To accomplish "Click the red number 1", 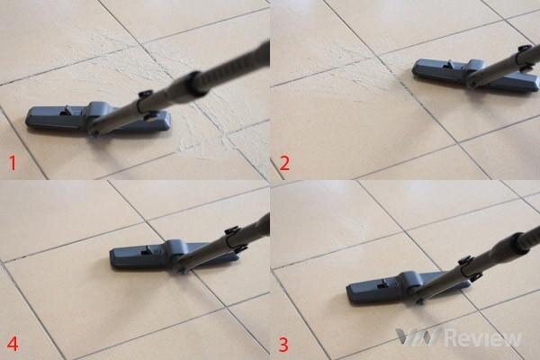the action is pos(12,163).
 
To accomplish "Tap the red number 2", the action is pos(284,163).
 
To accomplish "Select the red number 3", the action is pos(283,345).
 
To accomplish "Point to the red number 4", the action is pos(13,344).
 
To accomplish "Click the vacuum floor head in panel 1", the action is pos(97,119).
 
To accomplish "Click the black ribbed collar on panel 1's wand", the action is pos(197,83).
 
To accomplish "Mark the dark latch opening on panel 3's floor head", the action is pos(382,283).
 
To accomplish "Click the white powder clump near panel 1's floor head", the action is pos(189,147).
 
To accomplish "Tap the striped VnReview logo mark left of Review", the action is pos(418,337).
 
